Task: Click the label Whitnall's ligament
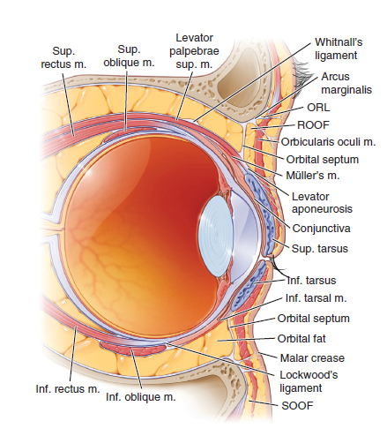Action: pos(339,49)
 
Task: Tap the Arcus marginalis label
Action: pos(346,83)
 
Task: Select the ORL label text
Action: pos(318,108)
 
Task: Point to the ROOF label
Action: pos(313,125)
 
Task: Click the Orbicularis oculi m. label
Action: pos(328,142)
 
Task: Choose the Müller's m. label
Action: pos(313,176)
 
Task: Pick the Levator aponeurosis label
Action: pos(322,203)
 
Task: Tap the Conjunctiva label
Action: pos(321,229)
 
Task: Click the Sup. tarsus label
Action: pos(320,249)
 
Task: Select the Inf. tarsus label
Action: pos(311,281)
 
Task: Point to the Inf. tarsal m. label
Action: pos(316,298)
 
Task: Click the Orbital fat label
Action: pos(301,339)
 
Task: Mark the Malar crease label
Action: pos(312,358)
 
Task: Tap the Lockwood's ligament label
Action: pos(309,381)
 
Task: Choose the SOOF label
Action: pos(297,406)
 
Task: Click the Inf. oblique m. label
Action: pos(141,397)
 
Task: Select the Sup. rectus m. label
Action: pos(63,57)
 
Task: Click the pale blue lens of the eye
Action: pos(216,237)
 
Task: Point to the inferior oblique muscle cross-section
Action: pos(133,348)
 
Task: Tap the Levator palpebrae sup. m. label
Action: pos(194,51)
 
